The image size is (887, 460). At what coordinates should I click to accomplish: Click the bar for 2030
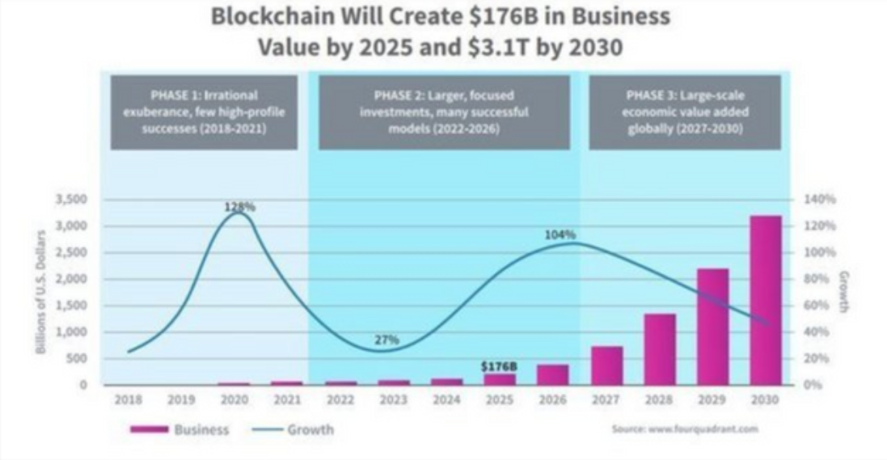click(765, 300)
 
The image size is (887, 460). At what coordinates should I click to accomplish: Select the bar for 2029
click(712, 327)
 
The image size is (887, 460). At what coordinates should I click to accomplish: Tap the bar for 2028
click(659, 349)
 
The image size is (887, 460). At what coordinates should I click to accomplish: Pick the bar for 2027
click(606, 365)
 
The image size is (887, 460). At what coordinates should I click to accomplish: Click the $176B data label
click(499, 366)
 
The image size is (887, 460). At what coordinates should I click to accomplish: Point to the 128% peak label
click(240, 207)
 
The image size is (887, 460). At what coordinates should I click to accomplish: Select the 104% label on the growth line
click(560, 234)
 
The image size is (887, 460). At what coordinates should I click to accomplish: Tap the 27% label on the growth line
click(386, 340)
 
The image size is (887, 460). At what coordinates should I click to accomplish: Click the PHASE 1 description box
click(204, 112)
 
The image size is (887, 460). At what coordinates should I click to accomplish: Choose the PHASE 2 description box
click(443, 112)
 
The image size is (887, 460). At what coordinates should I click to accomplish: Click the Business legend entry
click(180, 429)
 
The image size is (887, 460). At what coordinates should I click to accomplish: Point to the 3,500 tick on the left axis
click(72, 199)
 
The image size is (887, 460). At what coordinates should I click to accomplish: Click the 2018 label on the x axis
click(128, 399)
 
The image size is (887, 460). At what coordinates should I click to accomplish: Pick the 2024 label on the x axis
click(446, 399)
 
